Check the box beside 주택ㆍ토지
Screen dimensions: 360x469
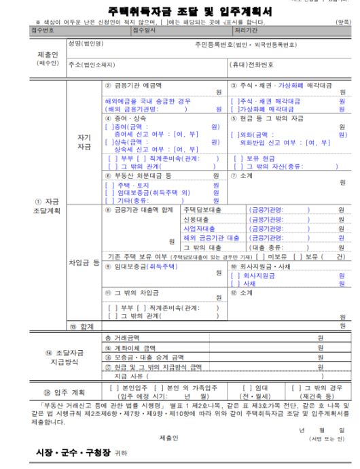pos(108,184)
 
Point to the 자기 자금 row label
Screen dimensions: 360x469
pos(84,141)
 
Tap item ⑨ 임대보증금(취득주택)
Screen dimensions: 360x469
pos(137,267)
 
